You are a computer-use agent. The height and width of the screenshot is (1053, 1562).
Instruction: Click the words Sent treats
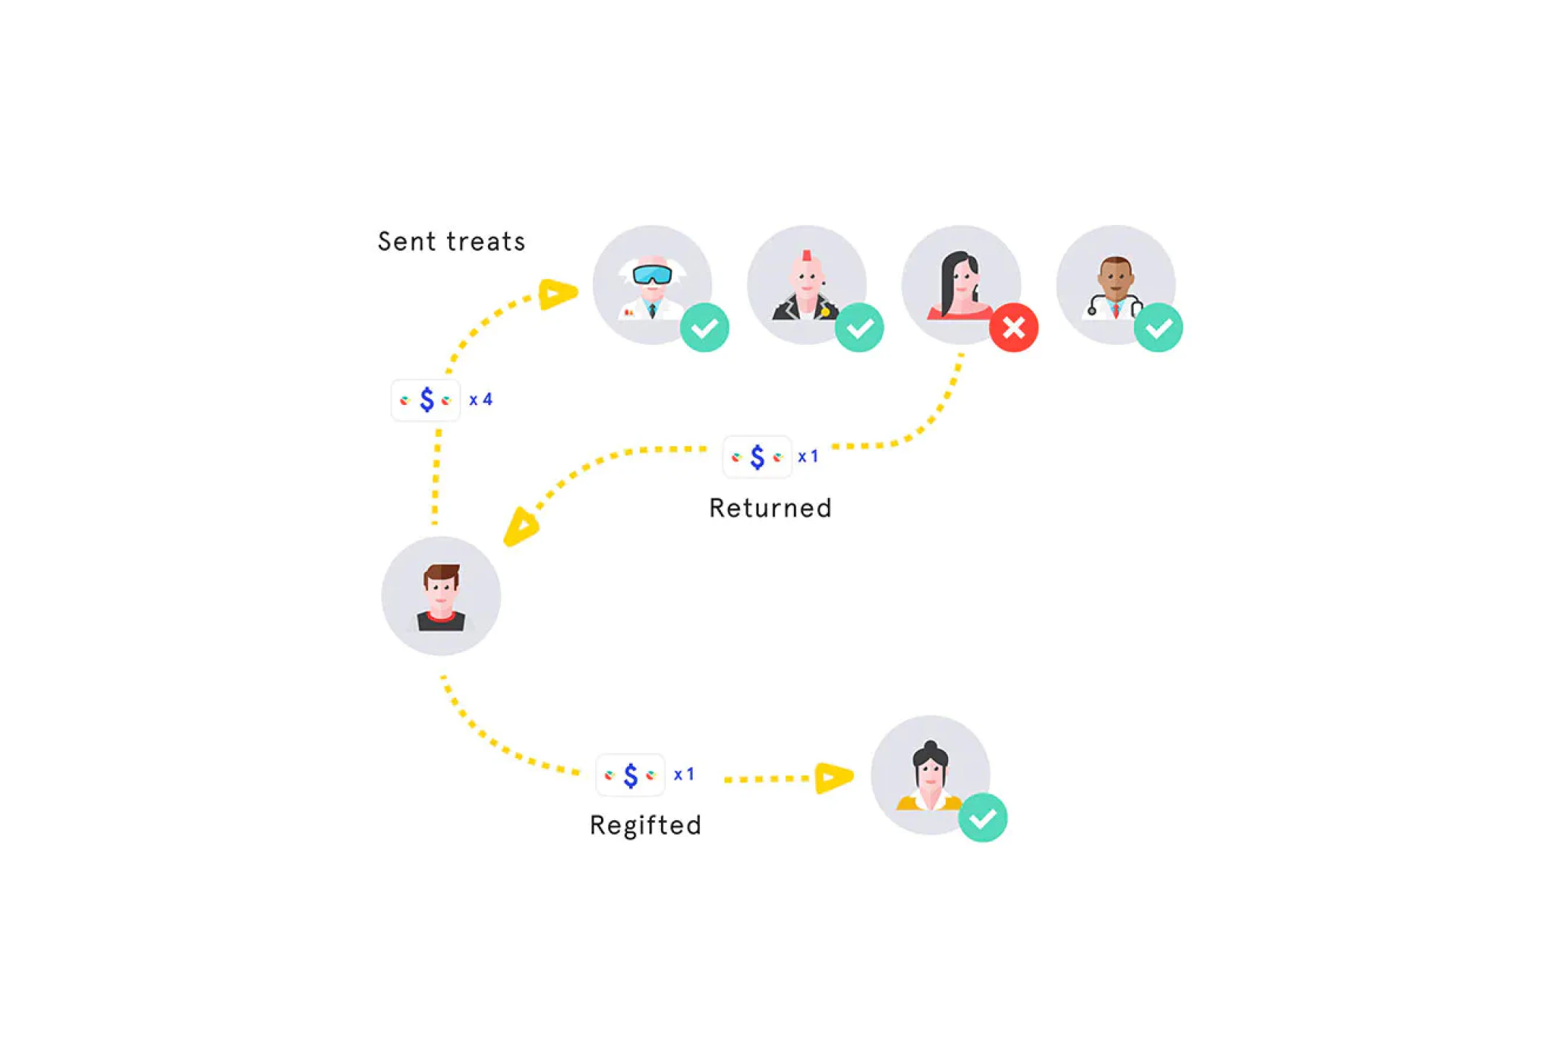click(x=451, y=242)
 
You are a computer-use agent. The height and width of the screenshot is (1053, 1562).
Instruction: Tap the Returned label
click(x=770, y=508)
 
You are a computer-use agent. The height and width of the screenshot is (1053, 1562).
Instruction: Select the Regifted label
click(x=645, y=825)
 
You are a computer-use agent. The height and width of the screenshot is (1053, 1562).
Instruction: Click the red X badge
click(x=1013, y=328)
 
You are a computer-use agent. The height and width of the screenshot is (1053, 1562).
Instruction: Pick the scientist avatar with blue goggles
click(x=652, y=284)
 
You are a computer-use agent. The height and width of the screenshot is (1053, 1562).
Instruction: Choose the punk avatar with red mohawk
click(x=806, y=284)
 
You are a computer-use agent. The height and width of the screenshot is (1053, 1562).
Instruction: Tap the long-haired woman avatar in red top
click(x=961, y=284)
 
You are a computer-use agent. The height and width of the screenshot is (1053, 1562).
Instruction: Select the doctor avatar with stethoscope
click(x=1115, y=284)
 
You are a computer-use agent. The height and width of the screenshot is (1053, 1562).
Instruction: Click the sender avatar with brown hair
click(x=441, y=596)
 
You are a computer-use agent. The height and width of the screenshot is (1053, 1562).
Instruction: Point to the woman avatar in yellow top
click(x=930, y=775)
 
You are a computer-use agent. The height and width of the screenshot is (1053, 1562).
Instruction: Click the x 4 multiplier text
click(x=481, y=400)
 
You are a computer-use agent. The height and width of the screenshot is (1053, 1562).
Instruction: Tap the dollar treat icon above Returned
click(x=757, y=457)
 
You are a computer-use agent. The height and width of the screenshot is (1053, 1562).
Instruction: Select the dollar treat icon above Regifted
click(x=630, y=775)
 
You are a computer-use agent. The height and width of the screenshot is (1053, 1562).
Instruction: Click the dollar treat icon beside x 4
click(x=425, y=400)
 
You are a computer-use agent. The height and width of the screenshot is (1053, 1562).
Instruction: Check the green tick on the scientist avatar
click(x=704, y=328)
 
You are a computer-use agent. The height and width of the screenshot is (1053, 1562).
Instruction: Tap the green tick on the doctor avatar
click(x=1158, y=328)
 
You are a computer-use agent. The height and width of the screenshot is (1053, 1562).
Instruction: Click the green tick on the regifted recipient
click(x=983, y=818)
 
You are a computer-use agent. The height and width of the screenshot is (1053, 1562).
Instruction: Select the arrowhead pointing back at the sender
click(x=521, y=527)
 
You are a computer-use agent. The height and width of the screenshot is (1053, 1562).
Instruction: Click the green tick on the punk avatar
click(x=859, y=328)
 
